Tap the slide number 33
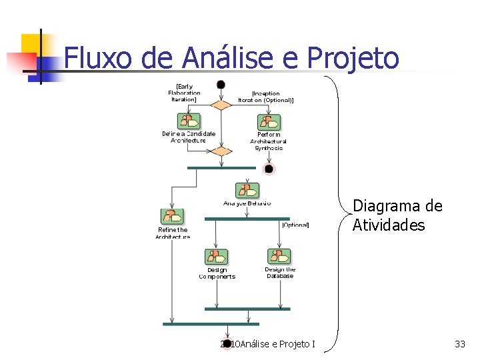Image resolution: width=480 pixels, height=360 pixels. [459, 344]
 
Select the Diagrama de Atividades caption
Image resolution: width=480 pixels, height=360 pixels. [397, 215]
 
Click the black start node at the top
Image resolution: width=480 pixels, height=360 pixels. [221, 85]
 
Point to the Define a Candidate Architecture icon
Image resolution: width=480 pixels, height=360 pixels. [189, 121]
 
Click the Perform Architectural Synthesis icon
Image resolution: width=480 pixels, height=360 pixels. [269, 122]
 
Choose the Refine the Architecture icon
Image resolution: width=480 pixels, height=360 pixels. [172, 217]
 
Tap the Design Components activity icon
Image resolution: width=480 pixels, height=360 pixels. [216, 257]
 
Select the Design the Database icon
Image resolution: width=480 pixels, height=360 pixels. [279, 257]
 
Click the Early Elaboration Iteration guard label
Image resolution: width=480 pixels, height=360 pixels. [184, 93]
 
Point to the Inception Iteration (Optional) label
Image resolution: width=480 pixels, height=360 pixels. [266, 97]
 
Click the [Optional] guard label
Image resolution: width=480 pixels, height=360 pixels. [295, 225]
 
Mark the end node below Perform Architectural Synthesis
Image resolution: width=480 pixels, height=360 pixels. [269, 169]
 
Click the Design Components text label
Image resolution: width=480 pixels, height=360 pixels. [217, 273]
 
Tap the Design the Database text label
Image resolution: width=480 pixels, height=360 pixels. [280, 273]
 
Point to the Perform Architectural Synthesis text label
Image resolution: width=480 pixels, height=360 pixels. [269, 141]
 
